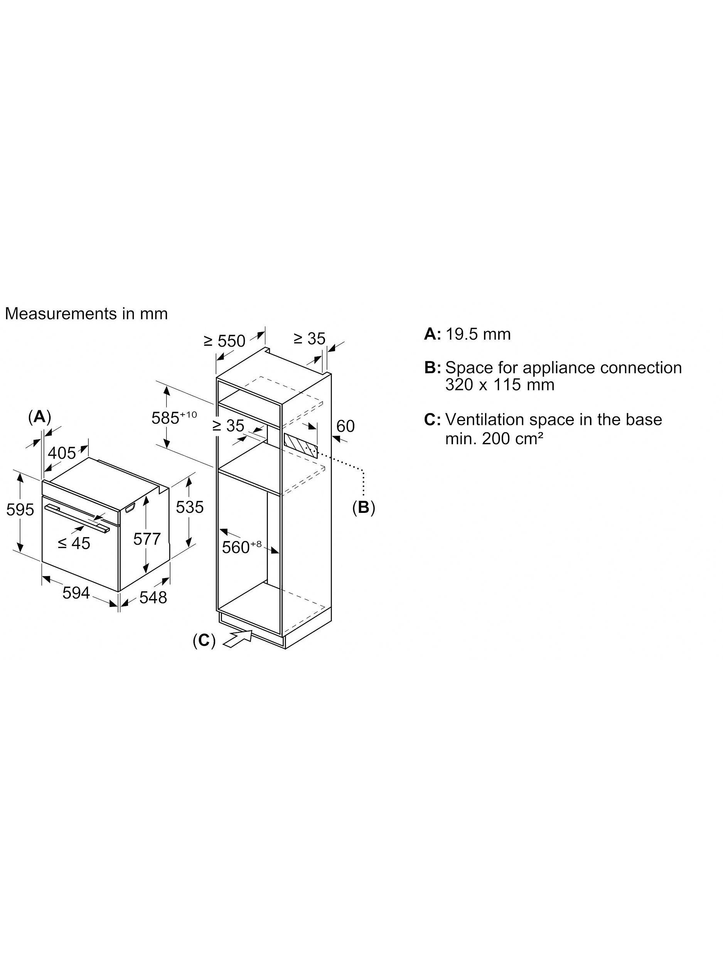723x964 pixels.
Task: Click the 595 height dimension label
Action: [20, 509]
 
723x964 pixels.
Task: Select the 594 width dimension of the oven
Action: [76, 592]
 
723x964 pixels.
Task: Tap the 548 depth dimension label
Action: [153, 597]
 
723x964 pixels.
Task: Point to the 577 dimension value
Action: [147, 539]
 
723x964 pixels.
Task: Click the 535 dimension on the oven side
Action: [190, 507]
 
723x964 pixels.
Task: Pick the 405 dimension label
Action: [62, 453]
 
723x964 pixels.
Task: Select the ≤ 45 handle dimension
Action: [74, 543]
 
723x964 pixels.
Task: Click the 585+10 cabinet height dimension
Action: [174, 417]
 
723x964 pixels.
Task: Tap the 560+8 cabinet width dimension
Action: [242, 546]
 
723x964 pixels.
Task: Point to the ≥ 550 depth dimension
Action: [225, 340]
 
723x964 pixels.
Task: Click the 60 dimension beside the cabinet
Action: [345, 426]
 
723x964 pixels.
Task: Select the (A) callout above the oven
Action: [40, 417]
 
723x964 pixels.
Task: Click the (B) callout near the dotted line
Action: [364, 507]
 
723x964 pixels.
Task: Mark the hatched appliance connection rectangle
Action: [301, 444]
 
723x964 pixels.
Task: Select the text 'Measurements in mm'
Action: [86, 313]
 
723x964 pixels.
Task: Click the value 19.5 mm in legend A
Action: [478, 334]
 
